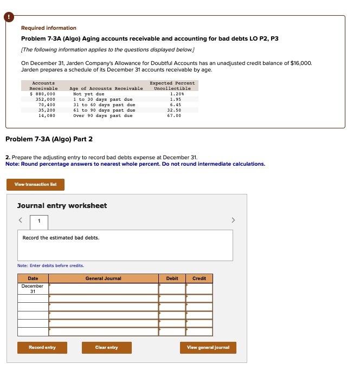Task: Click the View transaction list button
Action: tap(35, 185)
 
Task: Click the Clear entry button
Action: tap(106, 347)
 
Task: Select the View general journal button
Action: tap(208, 347)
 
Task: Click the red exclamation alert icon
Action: tap(9, 17)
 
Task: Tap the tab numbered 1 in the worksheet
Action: tap(38, 221)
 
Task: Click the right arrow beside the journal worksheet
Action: tap(234, 220)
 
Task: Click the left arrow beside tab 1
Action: tap(20, 220)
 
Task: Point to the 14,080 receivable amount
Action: tap(47, 115)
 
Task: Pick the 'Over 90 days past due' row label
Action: tap(102, 115)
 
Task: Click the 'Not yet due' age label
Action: tap(88, 94)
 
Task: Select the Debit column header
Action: tap(172, 278)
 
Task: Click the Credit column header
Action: tap(199, 278)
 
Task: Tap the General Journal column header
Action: tap(103, 278)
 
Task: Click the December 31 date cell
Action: tap(33, 289)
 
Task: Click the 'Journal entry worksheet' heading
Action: tap(62, 206)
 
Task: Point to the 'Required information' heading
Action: tap(49, 28)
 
